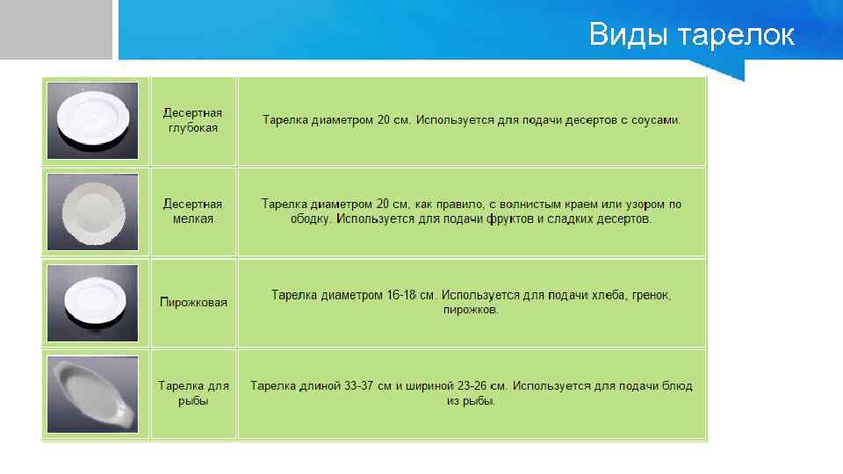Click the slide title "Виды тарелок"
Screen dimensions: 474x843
(691, 35)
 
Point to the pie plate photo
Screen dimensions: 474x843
(92, 302)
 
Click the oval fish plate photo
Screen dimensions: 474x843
(92, 393)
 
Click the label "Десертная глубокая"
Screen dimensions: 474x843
(192, 120)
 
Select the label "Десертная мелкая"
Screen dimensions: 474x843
(192, 212)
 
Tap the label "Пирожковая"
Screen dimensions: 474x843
(193, 303)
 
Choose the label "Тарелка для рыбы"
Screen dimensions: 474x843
(193, 393)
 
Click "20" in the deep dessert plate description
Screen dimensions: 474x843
(384, 120)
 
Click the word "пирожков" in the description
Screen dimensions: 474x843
(471, 311)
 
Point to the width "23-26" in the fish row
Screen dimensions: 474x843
(479, 386)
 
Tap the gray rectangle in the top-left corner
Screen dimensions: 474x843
(56, 30)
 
